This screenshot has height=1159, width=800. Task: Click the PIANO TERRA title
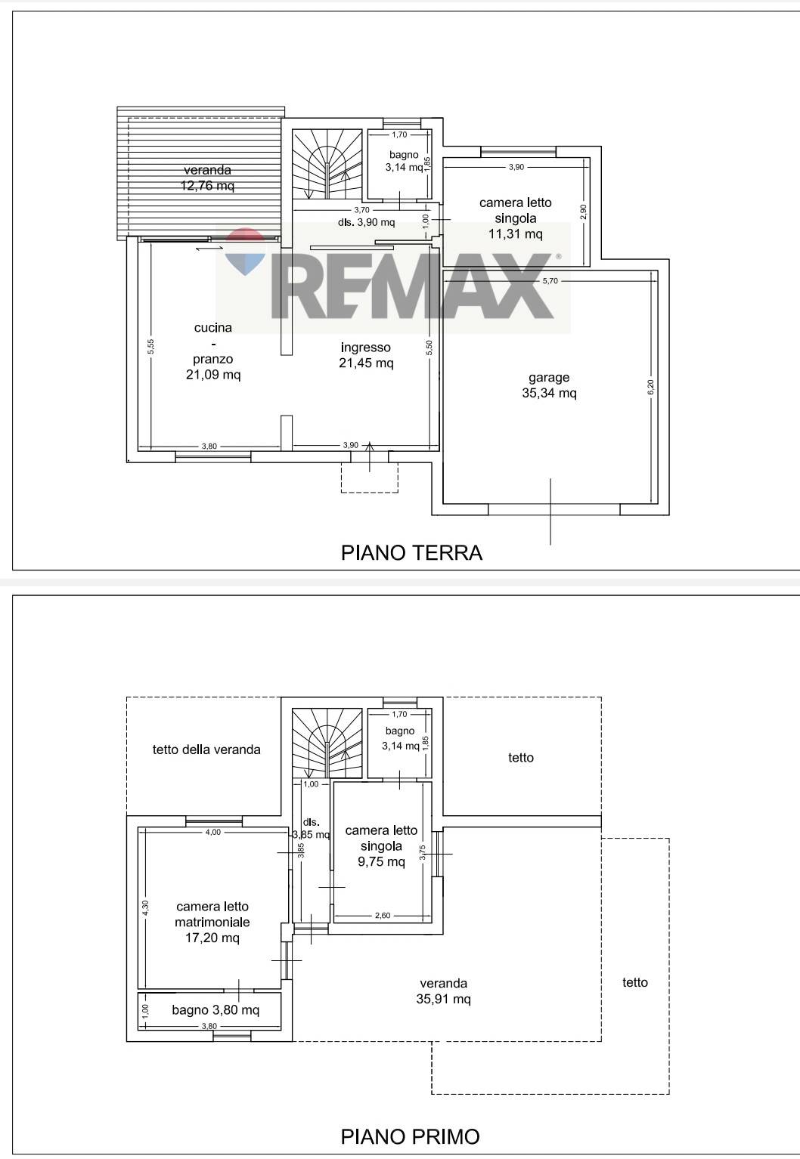pos(411,552)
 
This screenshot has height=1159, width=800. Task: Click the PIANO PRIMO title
pos(410,1136)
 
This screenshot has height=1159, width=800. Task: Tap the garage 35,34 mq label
pos(549,385)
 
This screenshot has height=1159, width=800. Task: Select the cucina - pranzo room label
pos(213,351)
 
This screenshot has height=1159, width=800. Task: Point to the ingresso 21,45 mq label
pos(366,355)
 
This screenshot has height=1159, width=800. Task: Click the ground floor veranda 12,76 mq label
pos(207,178)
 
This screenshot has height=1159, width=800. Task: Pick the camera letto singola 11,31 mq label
pos(515,218)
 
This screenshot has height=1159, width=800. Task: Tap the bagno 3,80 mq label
pos(216,1009)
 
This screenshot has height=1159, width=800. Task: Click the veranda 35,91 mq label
pos(443,991)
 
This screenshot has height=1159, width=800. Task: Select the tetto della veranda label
pos(206,749)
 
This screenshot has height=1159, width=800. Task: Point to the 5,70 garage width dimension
pos(550,281)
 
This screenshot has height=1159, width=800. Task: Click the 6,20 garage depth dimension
pos(651,387)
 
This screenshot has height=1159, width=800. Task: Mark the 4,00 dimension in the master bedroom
pos(212,832)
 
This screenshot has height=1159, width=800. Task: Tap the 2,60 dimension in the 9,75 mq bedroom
pos(383,915)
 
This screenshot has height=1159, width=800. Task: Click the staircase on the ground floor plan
pos(327,164)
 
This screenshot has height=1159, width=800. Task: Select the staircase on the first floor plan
pos(327,743)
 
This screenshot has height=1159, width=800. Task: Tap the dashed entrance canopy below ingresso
pos(370,477)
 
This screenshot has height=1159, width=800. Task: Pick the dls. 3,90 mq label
pos(366,222)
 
